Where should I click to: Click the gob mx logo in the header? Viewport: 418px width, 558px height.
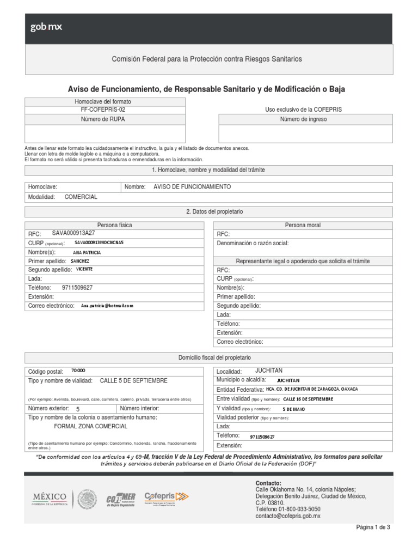(46, 27)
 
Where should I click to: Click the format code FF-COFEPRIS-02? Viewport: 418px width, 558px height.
(102, 110)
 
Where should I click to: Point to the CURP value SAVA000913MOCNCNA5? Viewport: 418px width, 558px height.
(99, 242)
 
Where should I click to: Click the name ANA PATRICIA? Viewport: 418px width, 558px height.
(87, 252)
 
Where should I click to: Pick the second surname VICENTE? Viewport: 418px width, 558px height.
(84, 269)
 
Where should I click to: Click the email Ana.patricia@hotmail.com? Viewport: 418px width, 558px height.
(107, 306)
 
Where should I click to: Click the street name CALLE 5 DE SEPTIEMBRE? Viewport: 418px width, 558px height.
(133, 380)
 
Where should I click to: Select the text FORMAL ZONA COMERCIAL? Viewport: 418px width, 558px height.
(91, 426)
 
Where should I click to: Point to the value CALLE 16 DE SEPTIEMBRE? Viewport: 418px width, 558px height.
(308, 399)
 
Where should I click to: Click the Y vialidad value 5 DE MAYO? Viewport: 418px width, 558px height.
(294, 408)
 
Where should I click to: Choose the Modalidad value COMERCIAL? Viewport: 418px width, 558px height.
(81, 197)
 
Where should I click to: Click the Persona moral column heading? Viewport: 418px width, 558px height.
(303, 225)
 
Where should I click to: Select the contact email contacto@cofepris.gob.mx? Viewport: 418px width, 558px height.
(288, 515)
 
